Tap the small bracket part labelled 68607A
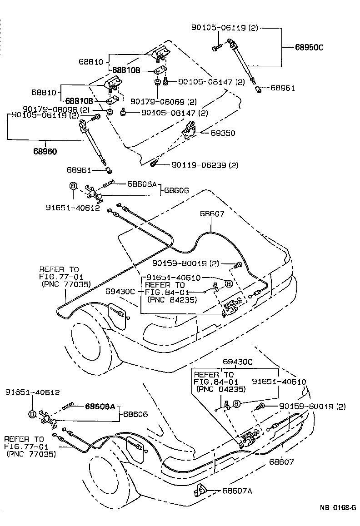[x=200, y=490]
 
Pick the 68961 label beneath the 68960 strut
[x=79, y=170]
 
